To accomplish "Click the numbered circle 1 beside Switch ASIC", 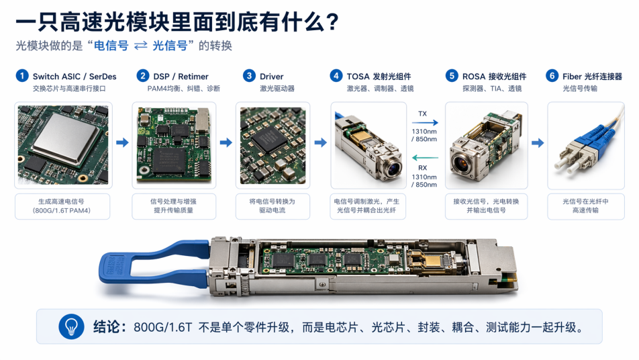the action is pos(22,76).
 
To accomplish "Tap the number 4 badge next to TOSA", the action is pos(336,76).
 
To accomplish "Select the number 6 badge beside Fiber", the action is pos(552,76).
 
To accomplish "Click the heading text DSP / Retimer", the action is pos(181,77).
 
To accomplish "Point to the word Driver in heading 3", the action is pos(271,77).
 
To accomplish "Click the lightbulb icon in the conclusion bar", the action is pos(71,326).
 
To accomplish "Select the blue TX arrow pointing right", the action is pos(425,122).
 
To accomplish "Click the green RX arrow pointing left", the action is pos(425,158).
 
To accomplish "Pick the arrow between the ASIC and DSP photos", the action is pos(122,142).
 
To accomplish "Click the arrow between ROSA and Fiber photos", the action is pos(538,142).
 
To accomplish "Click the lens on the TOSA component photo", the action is pos(393,168).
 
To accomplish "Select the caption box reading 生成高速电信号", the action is pos(62,206).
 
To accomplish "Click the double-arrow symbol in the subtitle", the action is pos(140,46).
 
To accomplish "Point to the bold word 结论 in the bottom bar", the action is pos(106,327).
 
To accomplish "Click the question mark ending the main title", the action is pos(332,22).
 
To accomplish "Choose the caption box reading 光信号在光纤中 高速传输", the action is pos(585,206).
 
